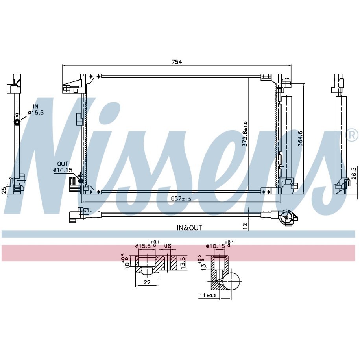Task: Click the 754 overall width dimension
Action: point(177,62)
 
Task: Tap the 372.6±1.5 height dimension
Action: point(245,134)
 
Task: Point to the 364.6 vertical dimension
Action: point(300,138)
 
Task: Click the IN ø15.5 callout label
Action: point(35,109)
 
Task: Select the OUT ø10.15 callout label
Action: point(63,167)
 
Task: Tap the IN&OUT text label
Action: point(189,228)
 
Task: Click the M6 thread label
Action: point(167,246)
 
